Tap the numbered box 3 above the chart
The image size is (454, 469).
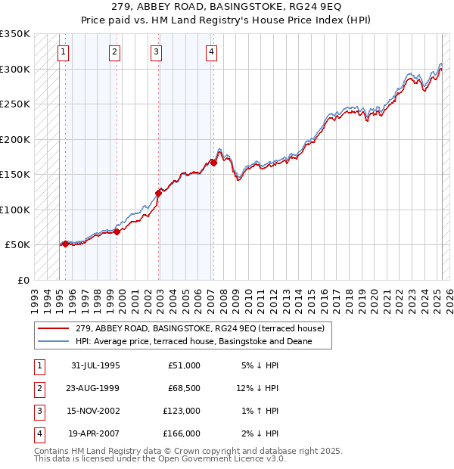155,52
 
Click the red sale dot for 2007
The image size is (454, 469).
214,163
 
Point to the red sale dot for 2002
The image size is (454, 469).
159,193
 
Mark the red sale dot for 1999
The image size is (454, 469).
117,231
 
